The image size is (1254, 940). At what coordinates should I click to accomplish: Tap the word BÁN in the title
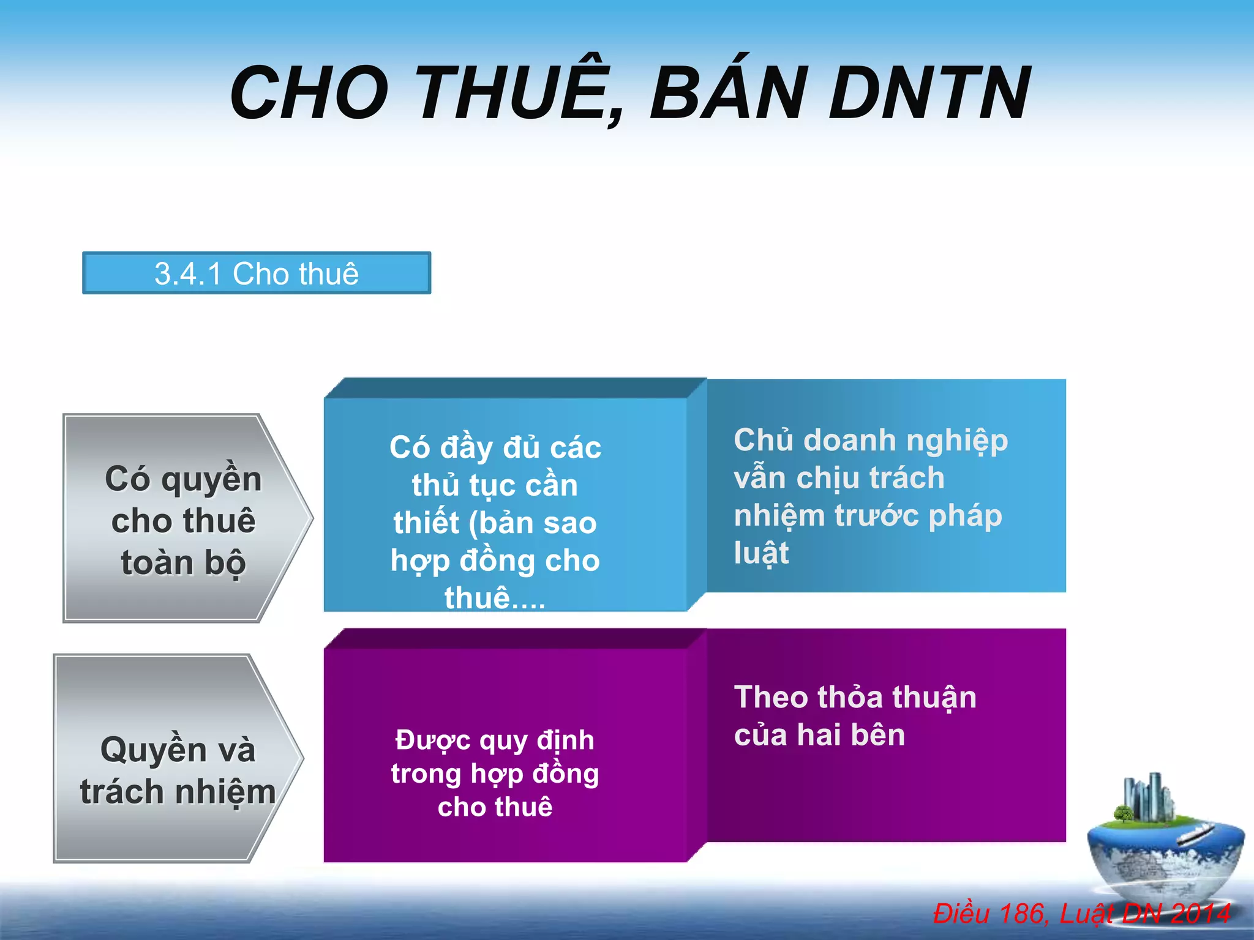(729, 92)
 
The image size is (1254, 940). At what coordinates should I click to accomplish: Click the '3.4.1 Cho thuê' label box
(257, 273)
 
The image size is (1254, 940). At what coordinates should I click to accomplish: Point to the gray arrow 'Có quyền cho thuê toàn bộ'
(184, 519)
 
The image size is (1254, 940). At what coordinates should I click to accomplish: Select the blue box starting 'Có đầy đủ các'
(505, 505)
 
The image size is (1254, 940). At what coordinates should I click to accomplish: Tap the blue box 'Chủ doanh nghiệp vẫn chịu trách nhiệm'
(885, 487)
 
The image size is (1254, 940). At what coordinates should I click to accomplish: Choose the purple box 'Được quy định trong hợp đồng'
(505, 756)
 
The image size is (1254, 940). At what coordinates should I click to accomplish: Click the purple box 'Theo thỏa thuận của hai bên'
(885, 734)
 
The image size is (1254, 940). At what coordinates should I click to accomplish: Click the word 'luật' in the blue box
(761, 553)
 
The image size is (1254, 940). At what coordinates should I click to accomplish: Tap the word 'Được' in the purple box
(433, 740)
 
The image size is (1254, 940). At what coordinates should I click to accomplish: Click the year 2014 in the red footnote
(1200, 914)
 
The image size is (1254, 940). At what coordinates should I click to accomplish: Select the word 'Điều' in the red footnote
(961, 914)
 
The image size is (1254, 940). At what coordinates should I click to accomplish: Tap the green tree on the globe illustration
(1123, 815)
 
